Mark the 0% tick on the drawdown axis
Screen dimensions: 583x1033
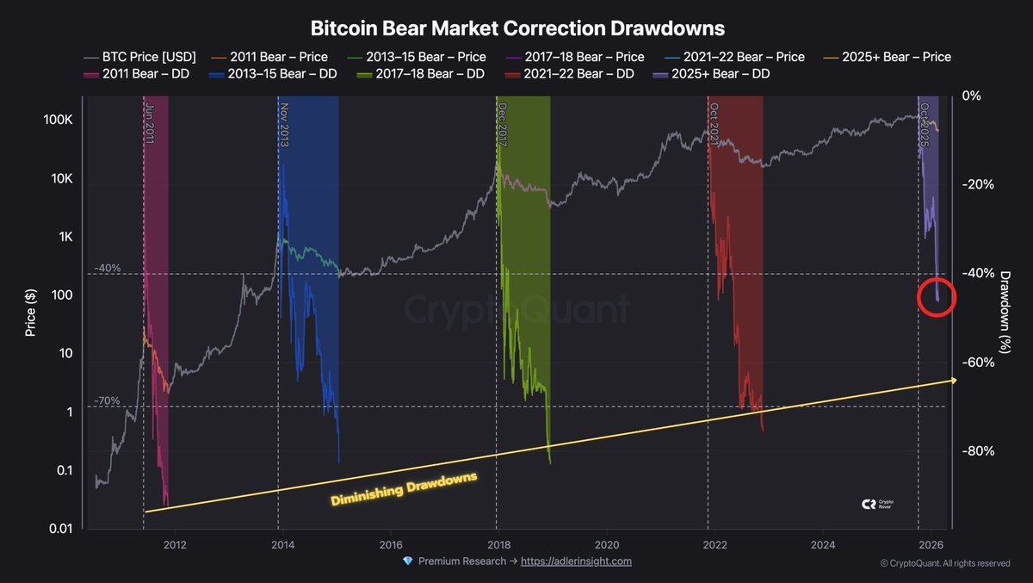click(971, 96)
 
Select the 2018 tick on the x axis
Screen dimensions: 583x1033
click(498, 544)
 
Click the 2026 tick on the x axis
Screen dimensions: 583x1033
click(931, 544)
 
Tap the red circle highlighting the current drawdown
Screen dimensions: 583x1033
click(937, 297)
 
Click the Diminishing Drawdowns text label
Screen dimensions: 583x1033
click(404, 488)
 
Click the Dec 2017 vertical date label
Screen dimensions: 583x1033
click(503, 125)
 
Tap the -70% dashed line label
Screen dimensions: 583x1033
click(108, 400)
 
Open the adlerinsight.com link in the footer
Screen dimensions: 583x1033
click(576, 561)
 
